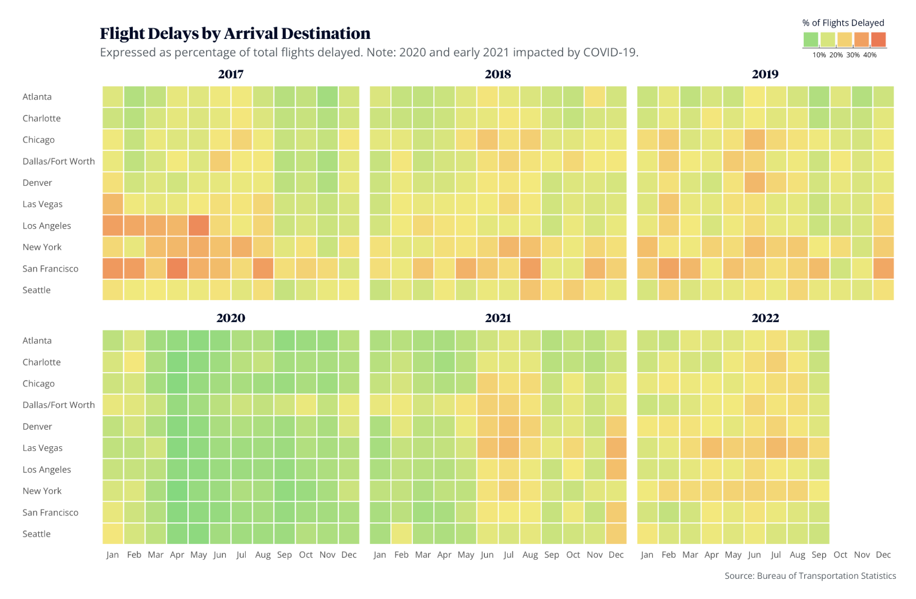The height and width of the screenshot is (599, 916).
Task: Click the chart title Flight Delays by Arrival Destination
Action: tap(235, 33)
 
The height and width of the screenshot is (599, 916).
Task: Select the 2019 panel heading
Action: tap(765, 74)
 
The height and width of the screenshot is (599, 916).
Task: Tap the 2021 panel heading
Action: tap(498, 318)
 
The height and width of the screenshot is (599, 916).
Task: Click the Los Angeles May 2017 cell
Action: tap(198, 225)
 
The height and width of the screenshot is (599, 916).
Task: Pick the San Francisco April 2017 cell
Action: tap(177, 269)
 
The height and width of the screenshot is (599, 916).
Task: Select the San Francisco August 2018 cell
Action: tap(530, 269)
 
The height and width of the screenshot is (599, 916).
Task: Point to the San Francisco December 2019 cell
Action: tap(883, 269)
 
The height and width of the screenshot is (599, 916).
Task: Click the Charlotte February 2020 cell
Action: tap(134, 362)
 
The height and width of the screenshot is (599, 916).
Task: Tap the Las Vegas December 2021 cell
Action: tap(616, 448)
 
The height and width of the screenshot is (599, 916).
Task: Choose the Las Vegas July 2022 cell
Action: tap(775, 448)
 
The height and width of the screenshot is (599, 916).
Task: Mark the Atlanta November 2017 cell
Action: tap(327, 97)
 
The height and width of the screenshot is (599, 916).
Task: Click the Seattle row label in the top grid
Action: tap(37, 290)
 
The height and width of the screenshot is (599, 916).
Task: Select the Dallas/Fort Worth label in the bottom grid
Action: tap(59, 405)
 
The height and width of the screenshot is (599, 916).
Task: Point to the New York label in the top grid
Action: tap(42, 247)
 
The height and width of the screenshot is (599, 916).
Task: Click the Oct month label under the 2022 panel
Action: tap(840, 555)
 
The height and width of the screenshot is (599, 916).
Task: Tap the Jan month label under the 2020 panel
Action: tap(112, 555)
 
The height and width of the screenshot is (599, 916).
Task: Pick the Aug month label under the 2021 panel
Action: tap(530, 555)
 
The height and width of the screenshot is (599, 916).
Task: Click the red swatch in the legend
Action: tap(878, 39)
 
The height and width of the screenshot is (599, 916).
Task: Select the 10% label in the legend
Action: tap(819, 55)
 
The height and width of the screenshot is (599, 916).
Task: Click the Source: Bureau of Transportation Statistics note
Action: tap(810, 576)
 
